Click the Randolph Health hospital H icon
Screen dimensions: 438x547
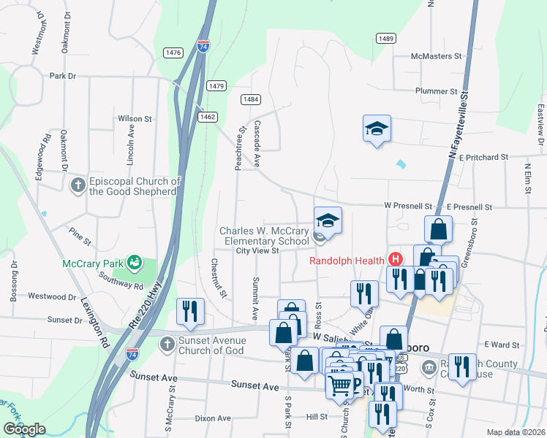click(396, 259)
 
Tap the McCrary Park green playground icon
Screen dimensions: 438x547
click(133, 261)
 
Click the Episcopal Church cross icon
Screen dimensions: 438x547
click(78, 185)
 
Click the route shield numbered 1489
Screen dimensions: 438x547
click(387, 38)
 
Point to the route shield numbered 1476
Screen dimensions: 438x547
click(173, 53)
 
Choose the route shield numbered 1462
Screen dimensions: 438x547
click(208, 116)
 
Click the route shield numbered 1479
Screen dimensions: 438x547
click(216, 85)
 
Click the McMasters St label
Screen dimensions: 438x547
click(437, 55)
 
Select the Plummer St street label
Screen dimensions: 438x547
click(436, 92)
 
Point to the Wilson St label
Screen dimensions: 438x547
click(135, 118)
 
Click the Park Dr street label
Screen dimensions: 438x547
click(63, 76)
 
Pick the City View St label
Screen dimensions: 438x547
click(257, 250)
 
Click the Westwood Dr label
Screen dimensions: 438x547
click(52, 296)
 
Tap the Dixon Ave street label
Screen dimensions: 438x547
click(213, 418)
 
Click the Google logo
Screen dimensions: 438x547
click(25, 429)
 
